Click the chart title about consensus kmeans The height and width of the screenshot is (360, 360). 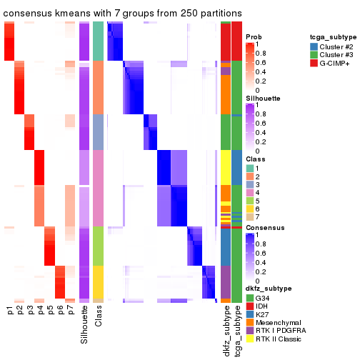(x=122, y=14)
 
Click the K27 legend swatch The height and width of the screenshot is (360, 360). (x=249, y=313)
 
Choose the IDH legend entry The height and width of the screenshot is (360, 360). (x=263, y=304)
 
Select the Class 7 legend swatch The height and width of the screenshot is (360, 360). (x=249, y=218)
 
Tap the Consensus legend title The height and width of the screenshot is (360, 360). (x=264, y=228)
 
